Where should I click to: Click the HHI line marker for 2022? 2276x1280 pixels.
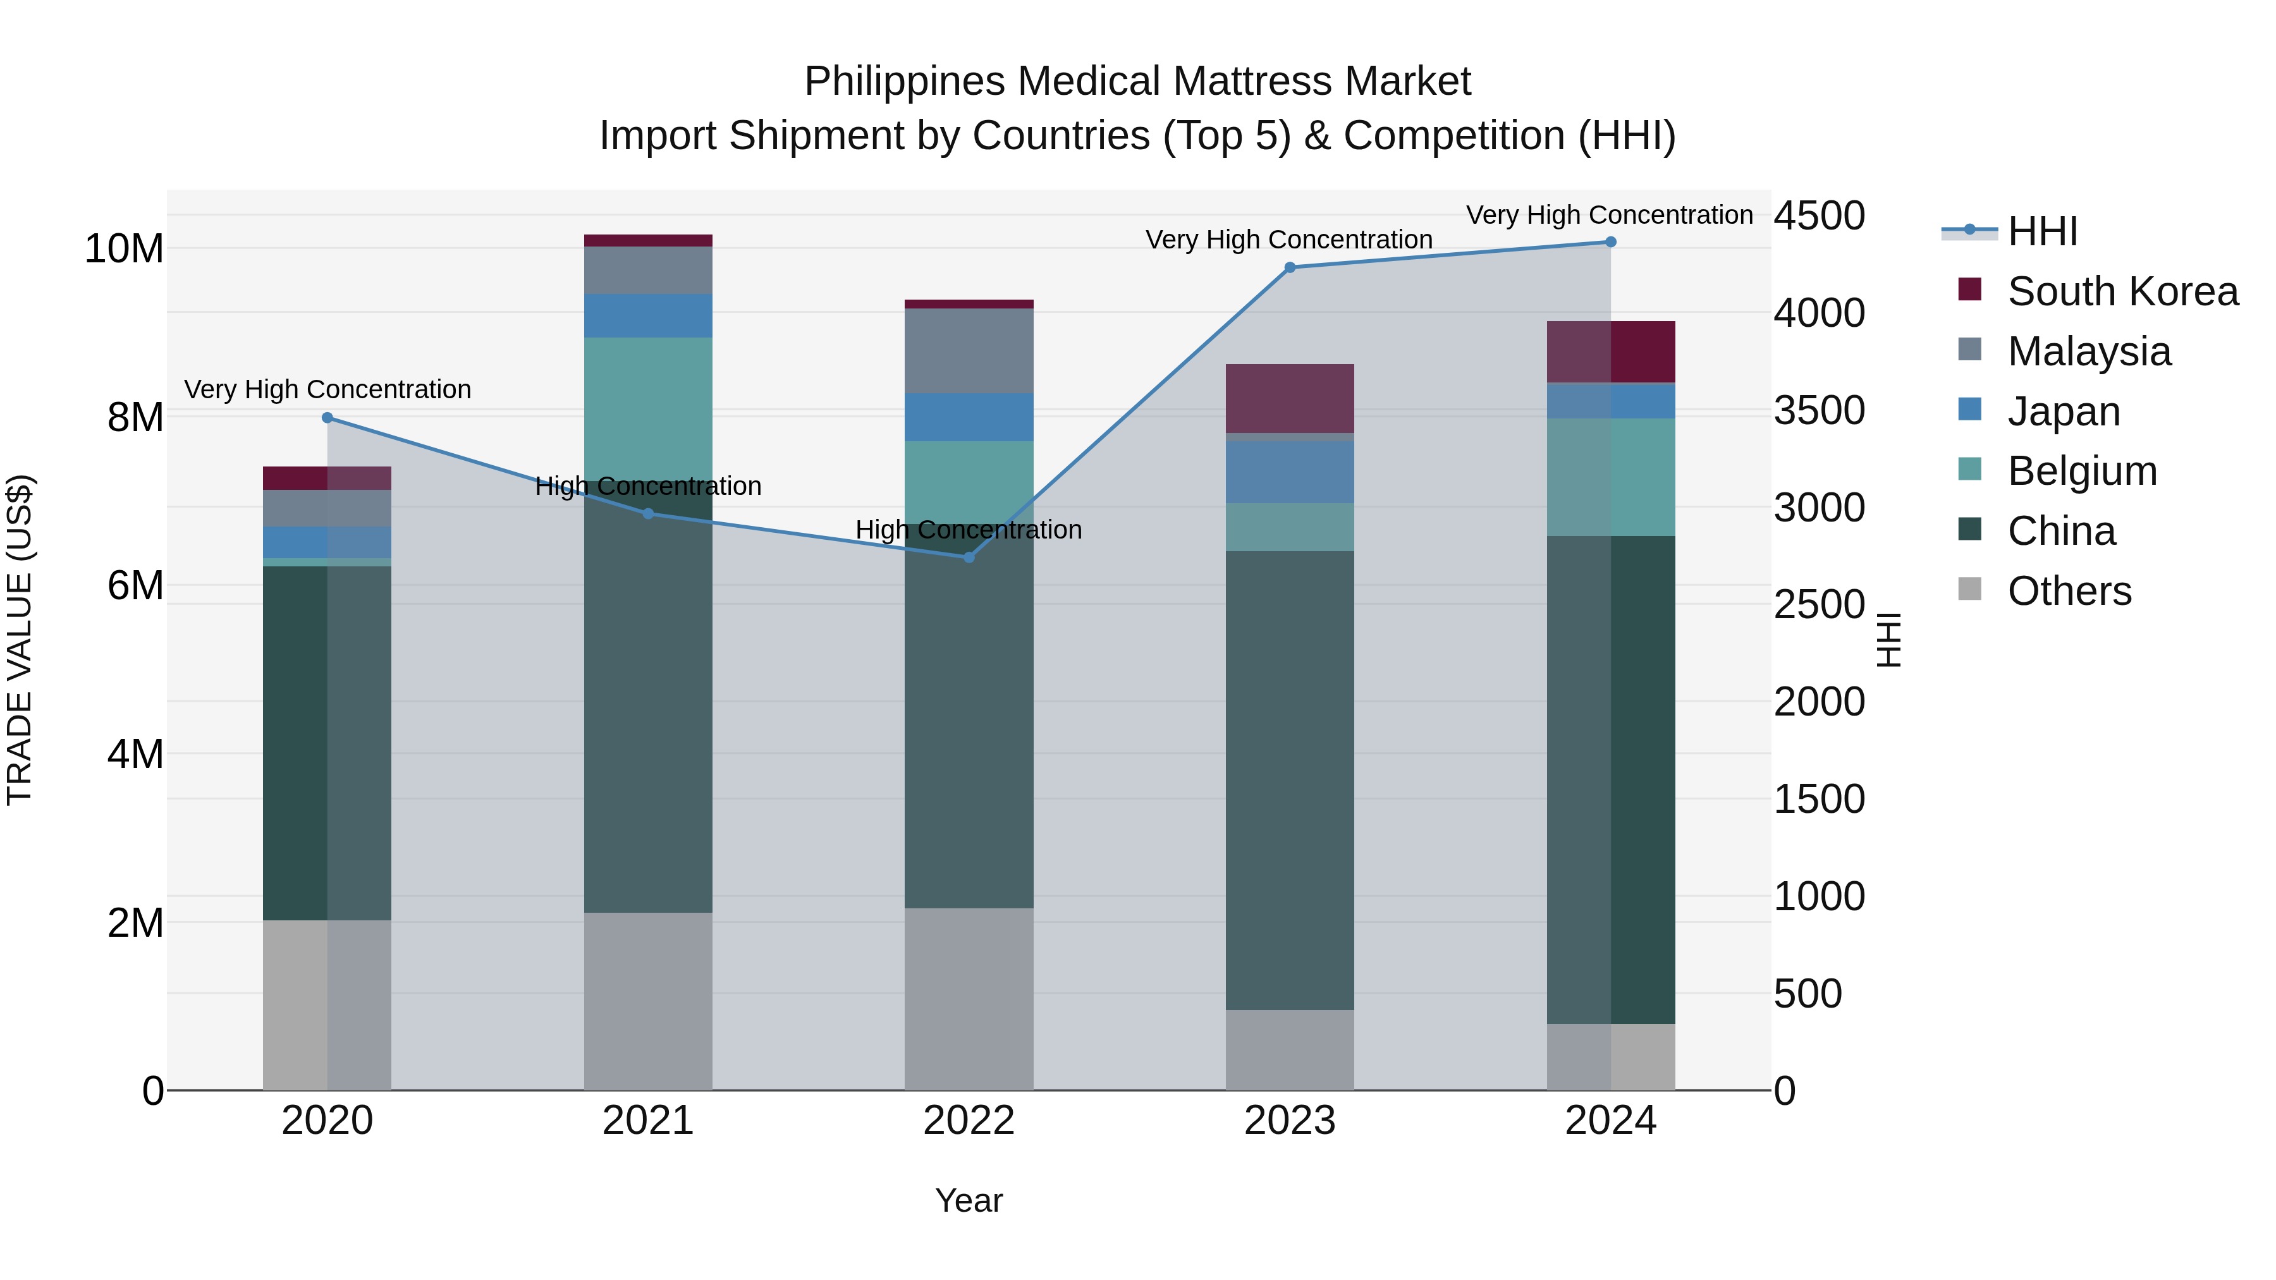tap(969, 558)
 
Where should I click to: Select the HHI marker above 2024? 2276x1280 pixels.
tap(1610, 242)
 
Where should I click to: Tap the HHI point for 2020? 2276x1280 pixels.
tap(327, 418)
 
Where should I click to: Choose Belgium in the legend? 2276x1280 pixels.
tap(2082, 471)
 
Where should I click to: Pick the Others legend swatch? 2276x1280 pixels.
tap(1969, 589)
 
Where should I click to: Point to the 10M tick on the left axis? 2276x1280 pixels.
tap(124, 249)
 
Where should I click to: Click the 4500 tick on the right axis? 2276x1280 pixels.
tap(1819, 216)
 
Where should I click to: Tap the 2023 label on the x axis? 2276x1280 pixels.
tap(1289, 1121)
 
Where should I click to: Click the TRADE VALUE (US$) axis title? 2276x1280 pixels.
tap(20, 640)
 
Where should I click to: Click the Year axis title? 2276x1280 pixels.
tap(969, 1200)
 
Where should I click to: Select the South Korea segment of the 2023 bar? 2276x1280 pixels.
tap(1289, 398)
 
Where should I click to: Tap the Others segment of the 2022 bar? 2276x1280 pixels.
tap(969, 998)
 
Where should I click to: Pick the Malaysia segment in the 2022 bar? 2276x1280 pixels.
tap(969, 351)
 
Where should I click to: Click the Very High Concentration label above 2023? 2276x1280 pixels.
tap(1288, 240)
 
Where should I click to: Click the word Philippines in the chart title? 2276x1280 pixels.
tap(904, 82)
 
